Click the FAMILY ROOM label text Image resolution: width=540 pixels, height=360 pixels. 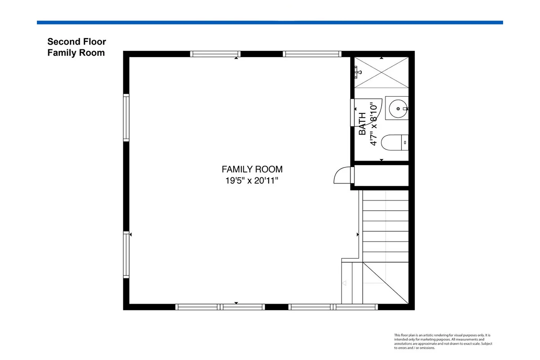[252, 169]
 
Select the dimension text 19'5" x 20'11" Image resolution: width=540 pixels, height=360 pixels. [252, 180]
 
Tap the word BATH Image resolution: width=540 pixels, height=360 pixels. [362, 124]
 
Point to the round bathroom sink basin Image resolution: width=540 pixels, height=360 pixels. [398, 109]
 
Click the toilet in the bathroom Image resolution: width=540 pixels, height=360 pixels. [395, 143]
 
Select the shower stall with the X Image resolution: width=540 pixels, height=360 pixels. [382, 72]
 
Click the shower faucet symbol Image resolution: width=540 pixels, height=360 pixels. [357, 72]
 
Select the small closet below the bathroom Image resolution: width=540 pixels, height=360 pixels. [382, 175]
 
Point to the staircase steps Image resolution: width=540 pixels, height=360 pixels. [386, 226]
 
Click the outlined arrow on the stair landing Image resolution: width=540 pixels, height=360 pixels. [345, 283]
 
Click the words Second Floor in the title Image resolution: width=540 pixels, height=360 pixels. [76, 41]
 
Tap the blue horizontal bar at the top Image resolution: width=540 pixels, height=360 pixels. [270, 22]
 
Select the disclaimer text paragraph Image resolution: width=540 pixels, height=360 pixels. [443, 342]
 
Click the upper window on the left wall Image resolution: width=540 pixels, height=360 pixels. [126, 117]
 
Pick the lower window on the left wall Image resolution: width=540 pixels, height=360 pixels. [126, 255]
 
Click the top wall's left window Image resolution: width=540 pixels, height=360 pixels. [215, 54]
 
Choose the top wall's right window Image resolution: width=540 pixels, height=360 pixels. [312, 54]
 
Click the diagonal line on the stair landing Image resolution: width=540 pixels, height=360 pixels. [386, 283]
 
